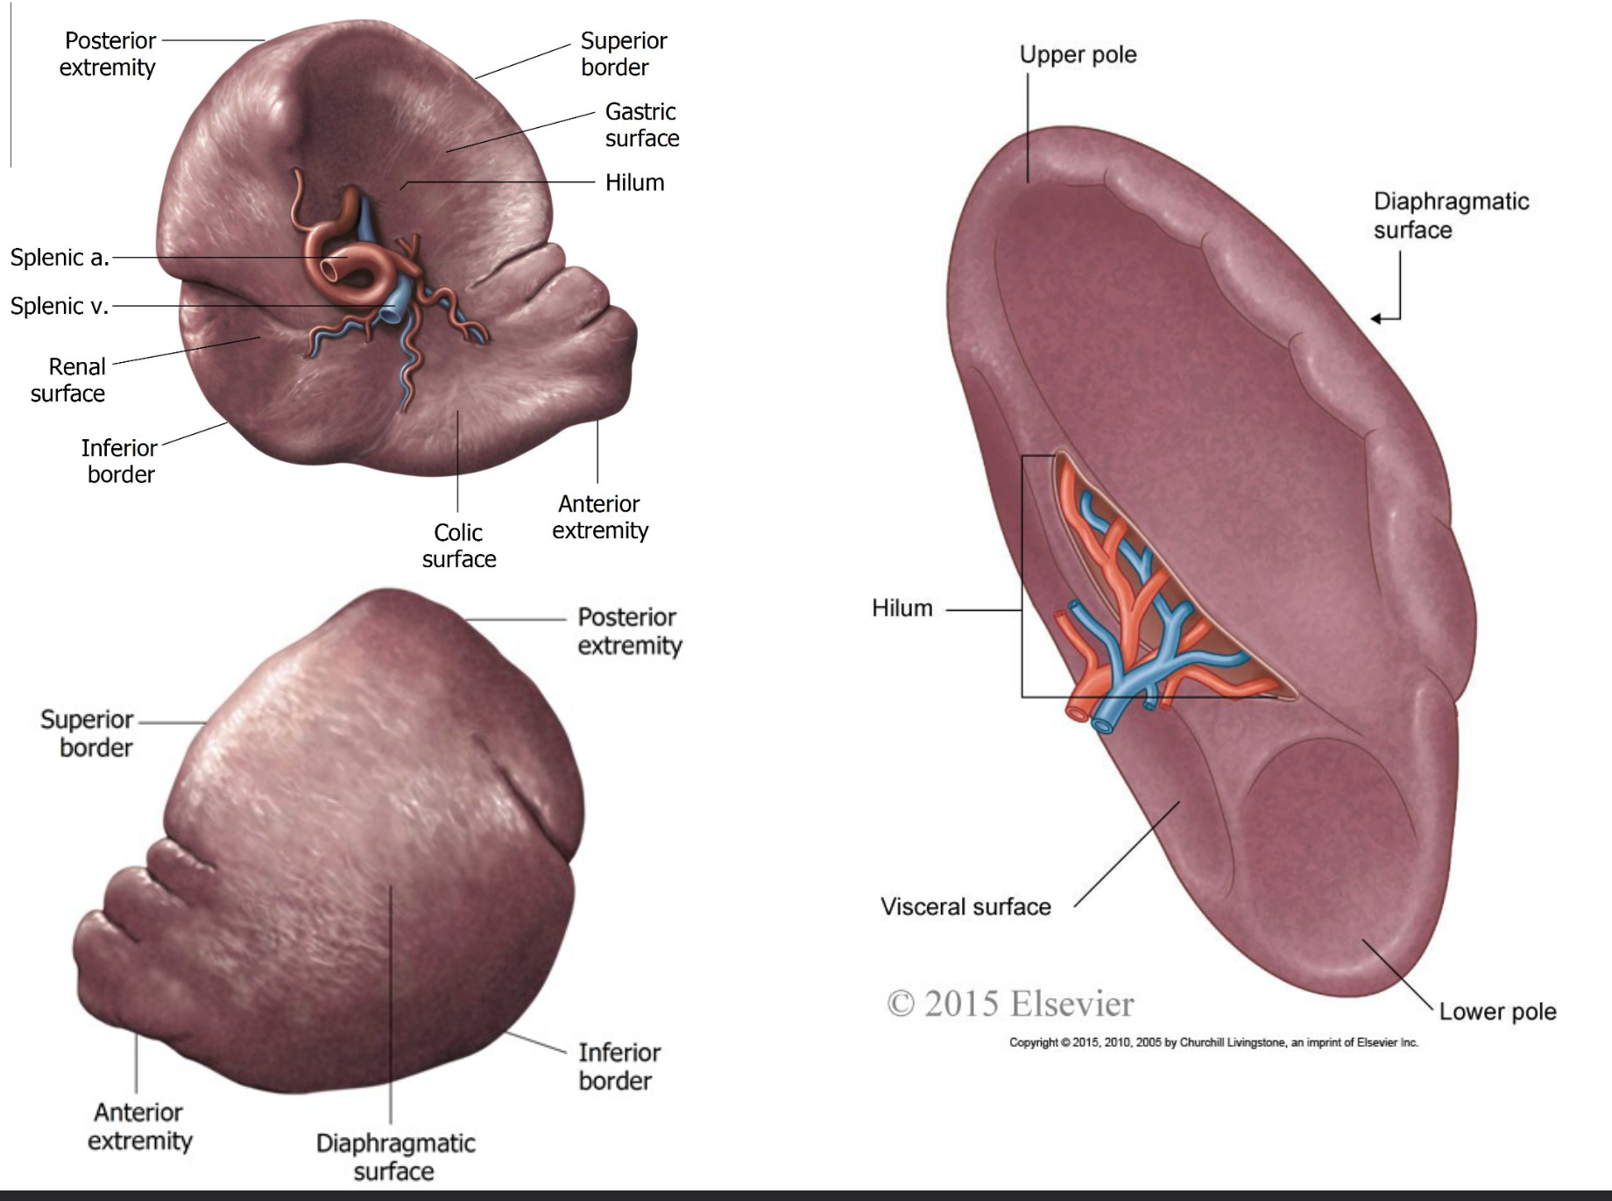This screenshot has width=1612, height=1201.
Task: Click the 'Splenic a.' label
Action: tap(59, 258)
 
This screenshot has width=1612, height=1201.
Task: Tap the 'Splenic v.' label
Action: tap(59, 306)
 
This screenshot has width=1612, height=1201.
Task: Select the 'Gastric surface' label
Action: tap(641, 125)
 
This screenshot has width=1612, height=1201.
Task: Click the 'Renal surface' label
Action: tap(68, 380)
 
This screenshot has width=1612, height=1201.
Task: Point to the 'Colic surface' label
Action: tap(459, 545)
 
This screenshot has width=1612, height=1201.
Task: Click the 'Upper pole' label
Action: tap(1078, 54)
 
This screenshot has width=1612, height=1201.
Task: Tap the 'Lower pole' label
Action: tap(1497, 1012)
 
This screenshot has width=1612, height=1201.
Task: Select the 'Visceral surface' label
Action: tap(965, 906)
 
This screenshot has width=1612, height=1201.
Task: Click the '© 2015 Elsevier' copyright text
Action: tap(1010, 1004)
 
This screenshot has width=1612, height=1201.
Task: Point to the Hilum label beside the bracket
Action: tap(901, 608)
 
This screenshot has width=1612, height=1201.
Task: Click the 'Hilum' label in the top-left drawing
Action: tap(634, 182)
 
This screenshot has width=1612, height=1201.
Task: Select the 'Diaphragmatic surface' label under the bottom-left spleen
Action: tap(395, 1156)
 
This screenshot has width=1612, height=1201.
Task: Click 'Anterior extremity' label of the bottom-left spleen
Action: tap(139, 1126)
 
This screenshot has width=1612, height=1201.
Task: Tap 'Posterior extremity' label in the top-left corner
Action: tap(109, 54)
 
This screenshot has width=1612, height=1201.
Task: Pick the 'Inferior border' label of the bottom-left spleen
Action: tap(619, 1066)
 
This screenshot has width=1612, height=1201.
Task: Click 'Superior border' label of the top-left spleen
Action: tap(623, 54)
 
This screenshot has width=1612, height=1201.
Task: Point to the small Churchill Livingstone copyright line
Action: tap(1213, 1042)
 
